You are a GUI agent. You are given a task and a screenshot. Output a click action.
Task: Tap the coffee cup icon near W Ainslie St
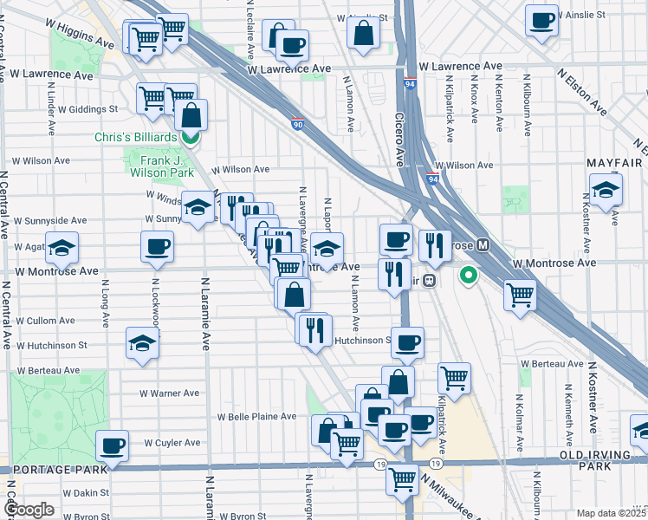click(x=542, y=20)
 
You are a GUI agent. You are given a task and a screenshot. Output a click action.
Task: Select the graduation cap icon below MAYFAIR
click(x=606, y=189)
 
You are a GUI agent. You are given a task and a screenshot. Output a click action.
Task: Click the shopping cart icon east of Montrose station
click(x=520, y=296)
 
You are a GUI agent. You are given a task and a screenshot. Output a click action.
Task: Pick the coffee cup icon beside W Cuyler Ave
click(x=112, y=445)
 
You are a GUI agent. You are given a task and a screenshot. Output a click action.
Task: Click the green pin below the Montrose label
click(x=469, y=276)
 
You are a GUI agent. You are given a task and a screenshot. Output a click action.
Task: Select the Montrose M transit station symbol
click(x=483, y=245)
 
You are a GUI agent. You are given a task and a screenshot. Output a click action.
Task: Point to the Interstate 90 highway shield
click(x=297, y=125)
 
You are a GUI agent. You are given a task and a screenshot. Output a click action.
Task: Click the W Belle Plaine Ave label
click(x=258, y=417)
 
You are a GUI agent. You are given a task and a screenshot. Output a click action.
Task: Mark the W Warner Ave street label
click(x=170, y=393)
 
